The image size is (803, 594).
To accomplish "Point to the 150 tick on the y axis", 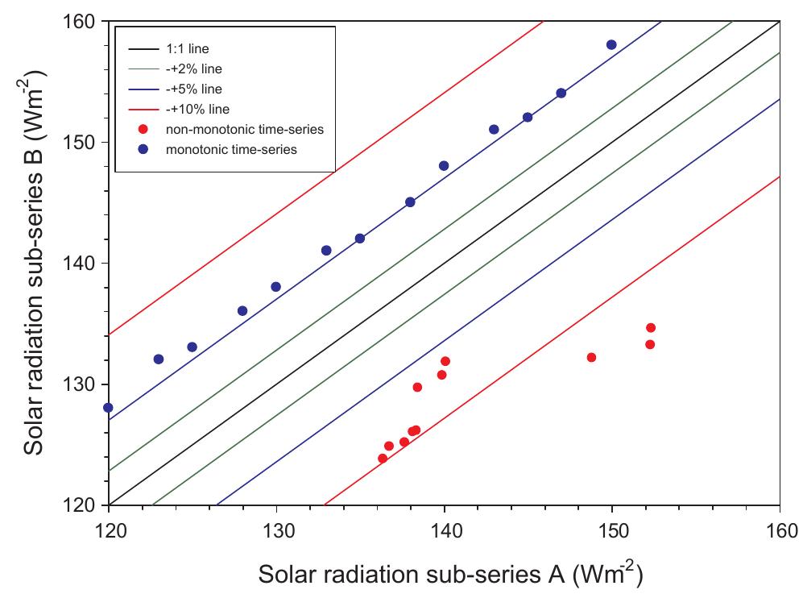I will point(80,142).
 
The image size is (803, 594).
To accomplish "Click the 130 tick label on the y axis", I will point(80,384).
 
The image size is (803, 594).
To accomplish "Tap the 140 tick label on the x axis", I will point(444,530).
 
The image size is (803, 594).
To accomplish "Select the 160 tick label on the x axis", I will point(779,530).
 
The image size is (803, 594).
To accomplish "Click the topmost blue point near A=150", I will point(611,44).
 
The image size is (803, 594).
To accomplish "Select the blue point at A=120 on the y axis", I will point(108,408).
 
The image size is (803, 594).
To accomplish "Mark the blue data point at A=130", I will point(276,287).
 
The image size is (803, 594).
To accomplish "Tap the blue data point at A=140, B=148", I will point(444,165).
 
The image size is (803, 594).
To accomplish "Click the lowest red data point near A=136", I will point(383,459).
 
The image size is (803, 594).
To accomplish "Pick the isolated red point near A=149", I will point(591,357).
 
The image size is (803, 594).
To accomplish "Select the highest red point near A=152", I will point(651,328).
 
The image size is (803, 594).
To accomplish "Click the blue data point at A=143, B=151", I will point(494,129).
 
